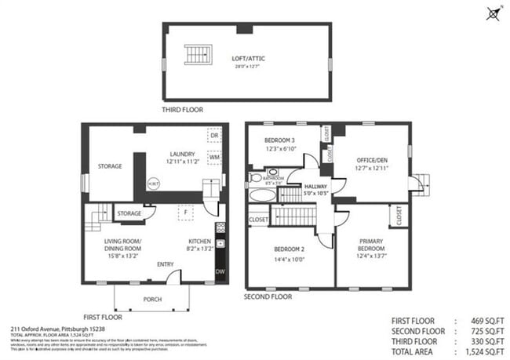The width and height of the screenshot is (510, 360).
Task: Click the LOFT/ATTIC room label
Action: pos(249,58)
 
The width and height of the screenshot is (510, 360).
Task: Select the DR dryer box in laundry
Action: pos(213,135)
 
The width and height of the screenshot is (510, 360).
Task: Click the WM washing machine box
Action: pos(213,157)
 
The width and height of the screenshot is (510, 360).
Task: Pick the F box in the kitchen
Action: pos(185,212)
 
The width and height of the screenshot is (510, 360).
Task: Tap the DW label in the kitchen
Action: pos(220,271)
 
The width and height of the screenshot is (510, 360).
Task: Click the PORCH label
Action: pos(152,300)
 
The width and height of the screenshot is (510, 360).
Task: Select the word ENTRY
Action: pos(166,264)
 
